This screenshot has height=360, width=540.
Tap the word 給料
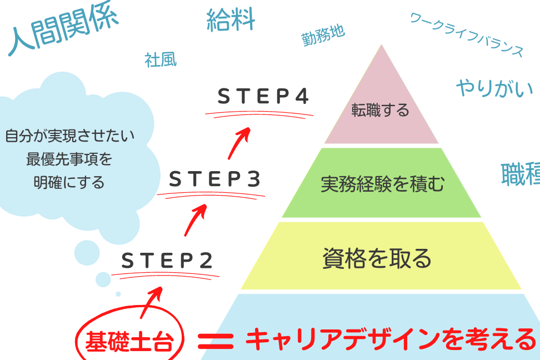tap(231, 19)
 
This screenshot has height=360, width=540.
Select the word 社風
tap(161, 59)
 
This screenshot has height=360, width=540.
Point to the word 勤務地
tap(323, 34)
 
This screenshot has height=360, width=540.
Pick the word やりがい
tap(494, 88)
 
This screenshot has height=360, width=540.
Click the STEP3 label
tap(214, 179)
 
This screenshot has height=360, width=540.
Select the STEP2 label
tap(167, 260)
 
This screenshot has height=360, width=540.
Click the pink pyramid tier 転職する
tap(381, 110)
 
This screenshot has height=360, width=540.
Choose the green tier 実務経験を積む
tap(382, 184)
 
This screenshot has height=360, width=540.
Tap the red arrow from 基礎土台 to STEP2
tap(152, 301)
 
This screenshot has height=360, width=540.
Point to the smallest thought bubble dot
tap(118, 294)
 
